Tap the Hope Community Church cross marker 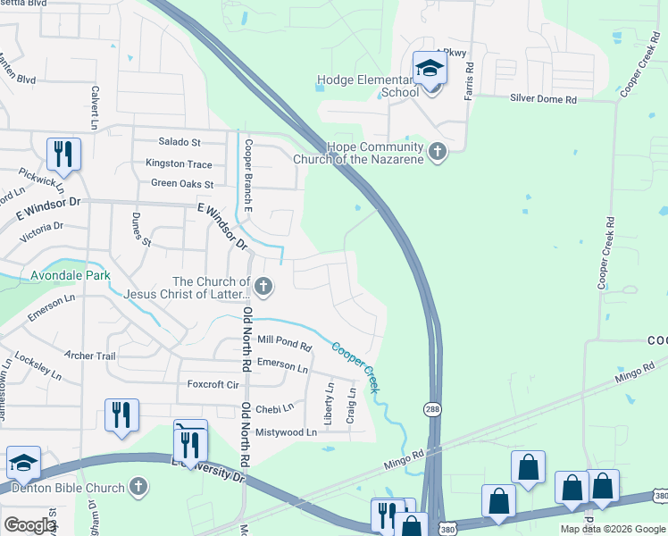(438, 152)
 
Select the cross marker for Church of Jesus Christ (263, 287)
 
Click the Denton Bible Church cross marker (137, 487)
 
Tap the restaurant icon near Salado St (63, 154)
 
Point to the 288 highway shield (430, 408)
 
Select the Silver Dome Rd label (543, 100)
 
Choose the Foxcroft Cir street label (213, 385)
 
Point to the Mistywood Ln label (286, 431)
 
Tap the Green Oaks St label (182, 184)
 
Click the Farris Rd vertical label (468, 81)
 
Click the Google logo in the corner (29, 525)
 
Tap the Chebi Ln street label (275, 408)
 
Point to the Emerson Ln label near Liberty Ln (282, 366)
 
